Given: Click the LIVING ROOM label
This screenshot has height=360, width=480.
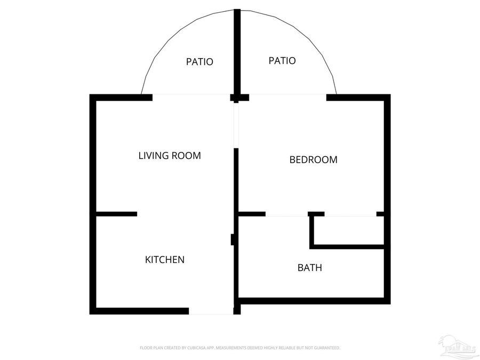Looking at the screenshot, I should pyautogui.click(x=170, y=156).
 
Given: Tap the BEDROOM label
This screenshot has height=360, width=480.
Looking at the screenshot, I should pyautogui.click(x=313, y=159).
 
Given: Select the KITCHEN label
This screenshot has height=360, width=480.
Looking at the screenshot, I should pyautogui.click(x=165, y=260).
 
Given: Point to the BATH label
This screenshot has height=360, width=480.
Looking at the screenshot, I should pyautogui.click(x=309, y=268).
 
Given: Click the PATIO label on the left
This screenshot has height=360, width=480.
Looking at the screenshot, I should pyautogui.click(x=199, y=62).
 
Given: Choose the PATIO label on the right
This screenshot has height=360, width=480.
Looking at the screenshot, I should pyautogui.click(x=282, y=61).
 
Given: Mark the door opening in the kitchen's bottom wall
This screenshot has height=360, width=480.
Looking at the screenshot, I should pyautogui.click(x=211, y=311).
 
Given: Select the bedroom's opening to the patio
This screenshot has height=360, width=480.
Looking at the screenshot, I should pyautogui.click(x=283, y=96).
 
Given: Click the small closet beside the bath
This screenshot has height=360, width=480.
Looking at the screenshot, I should pyautogui.click(x=348, y=230).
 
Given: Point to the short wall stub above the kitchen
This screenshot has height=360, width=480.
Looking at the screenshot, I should pyautogui.click(x=116, y=214).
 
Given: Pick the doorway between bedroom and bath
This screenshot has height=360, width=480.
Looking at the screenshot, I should pyautogui.click(x=286, y=215).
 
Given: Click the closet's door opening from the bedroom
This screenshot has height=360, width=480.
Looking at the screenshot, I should pyautogui.click(x=350, y=215).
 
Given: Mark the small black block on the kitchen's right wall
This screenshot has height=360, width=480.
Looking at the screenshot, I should pyautogui.click(x=233, y=239).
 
